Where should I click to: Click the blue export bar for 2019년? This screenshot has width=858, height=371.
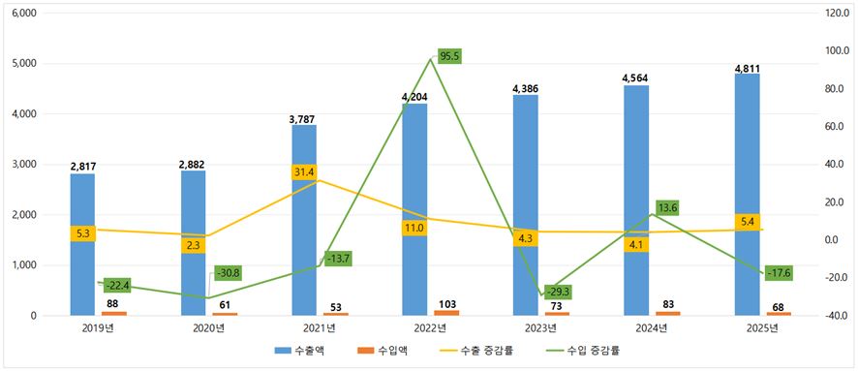[82, 245]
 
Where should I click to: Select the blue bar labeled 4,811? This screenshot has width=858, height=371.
[747, 195]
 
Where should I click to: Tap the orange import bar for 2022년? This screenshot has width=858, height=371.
[446, 313]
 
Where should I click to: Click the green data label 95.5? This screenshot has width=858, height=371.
[449, 56]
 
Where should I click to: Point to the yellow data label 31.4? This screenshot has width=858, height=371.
[305, 171]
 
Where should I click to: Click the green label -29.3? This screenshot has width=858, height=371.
[559, 293]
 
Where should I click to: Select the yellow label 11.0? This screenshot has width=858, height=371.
[414, 229]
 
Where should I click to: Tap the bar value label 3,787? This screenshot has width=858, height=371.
[303, 118]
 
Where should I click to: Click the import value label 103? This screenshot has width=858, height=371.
[447, 304]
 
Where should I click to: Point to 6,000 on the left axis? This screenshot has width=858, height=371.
[24, 14]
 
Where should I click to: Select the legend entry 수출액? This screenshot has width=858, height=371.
[300, 351]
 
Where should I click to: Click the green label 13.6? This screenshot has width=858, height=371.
[667, 208]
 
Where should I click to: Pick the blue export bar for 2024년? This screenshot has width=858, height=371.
[636, 201]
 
